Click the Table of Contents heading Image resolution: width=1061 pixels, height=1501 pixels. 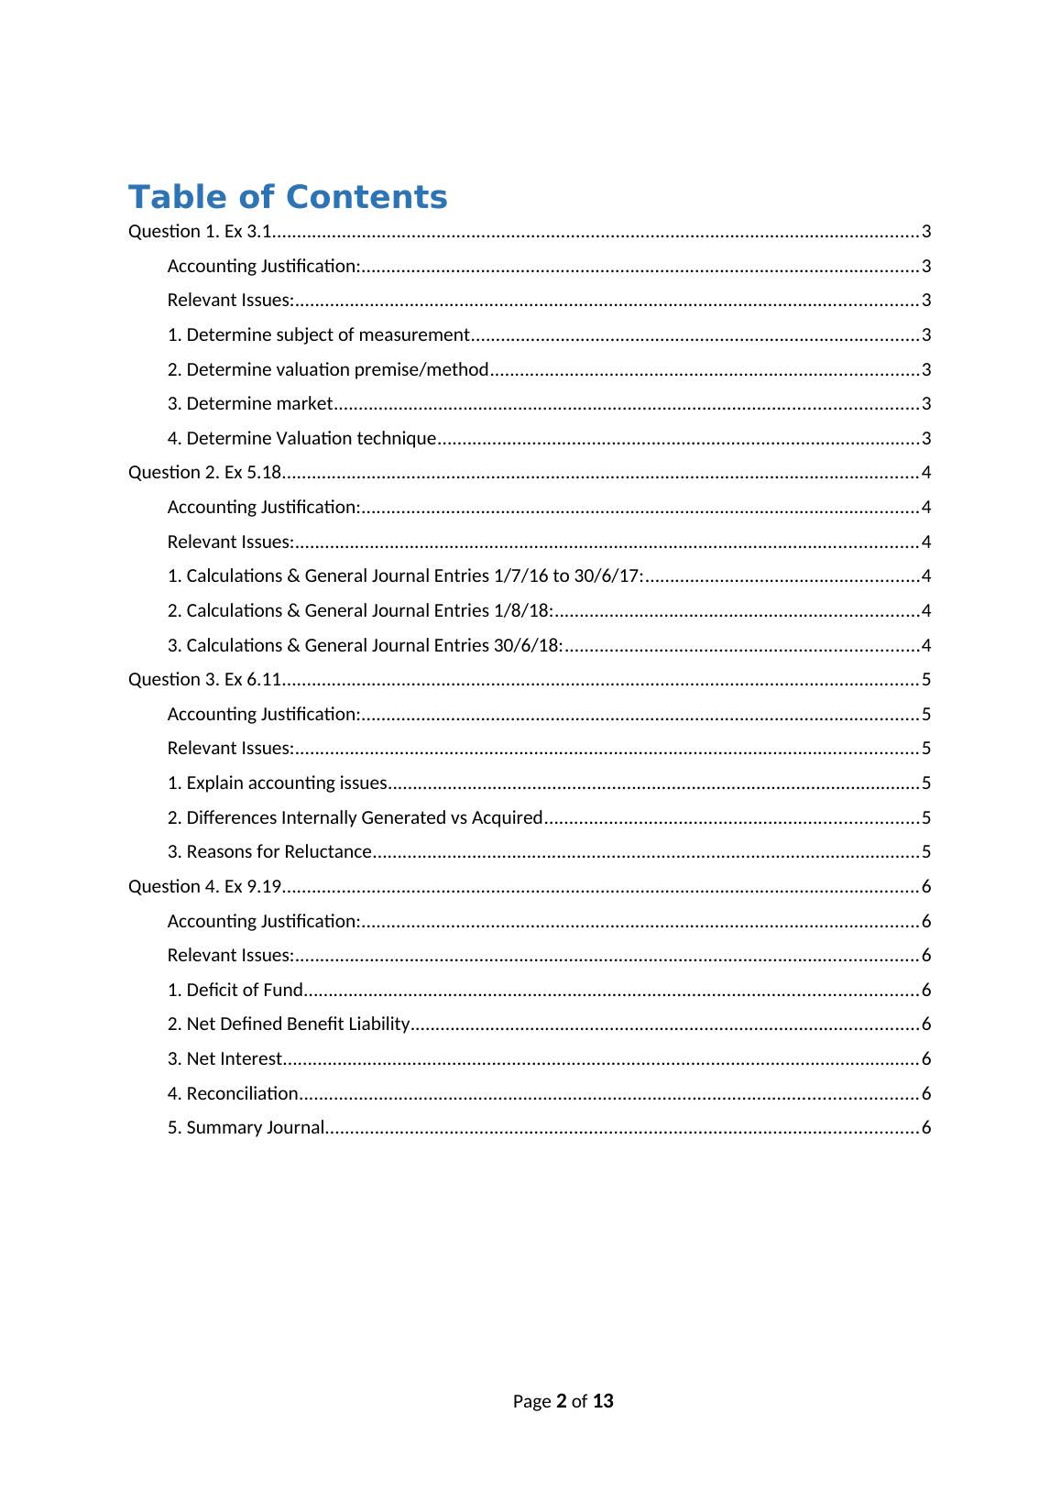coord(288,197)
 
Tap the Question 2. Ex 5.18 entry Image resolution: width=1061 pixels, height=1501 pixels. coord(204,473)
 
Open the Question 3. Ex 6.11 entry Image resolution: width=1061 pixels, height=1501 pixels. coord(204,679)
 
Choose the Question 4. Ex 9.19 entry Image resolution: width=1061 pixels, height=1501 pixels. coord(204,886)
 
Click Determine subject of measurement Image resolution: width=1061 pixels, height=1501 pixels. coord(318,334)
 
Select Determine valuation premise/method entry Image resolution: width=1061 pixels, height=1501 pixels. coord(328,369)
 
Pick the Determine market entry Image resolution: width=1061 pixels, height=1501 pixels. coord(250,404)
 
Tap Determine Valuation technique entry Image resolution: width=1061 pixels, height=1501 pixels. coord(301,438)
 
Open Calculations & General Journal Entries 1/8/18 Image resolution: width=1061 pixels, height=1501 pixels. coord(360,610)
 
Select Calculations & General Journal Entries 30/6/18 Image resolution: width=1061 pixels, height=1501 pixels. coord(365,645)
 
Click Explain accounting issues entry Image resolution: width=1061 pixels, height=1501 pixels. coord(277,783)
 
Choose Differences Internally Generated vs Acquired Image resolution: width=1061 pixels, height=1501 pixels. coord(355,817)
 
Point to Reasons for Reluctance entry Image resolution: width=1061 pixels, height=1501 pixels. coord(269,852)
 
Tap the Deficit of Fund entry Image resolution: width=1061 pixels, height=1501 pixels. coord(235,990)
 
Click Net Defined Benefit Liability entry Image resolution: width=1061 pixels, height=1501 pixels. coord(289,1024)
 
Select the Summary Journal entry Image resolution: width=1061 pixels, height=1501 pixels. coord(246,1127)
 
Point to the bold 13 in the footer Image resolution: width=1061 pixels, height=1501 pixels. coord(603,1400)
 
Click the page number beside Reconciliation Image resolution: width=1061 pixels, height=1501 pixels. coord(926,1093)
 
